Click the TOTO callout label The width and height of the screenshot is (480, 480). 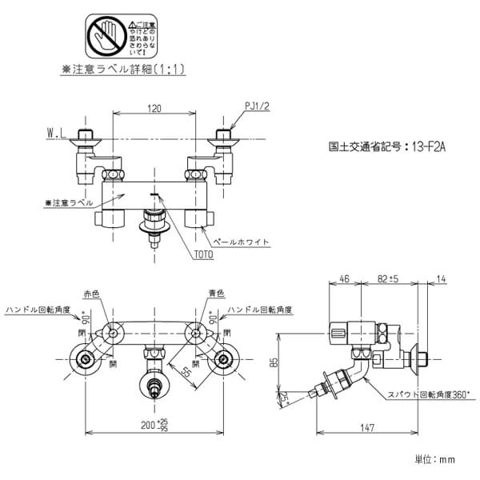point(203,254)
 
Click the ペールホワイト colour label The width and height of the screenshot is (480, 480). point(244,242)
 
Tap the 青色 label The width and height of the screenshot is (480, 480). point(216,293)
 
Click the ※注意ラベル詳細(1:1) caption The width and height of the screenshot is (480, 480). point(124,70)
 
